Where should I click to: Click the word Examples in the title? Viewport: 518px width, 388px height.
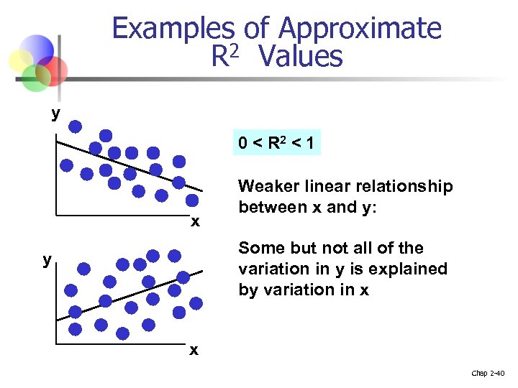click(173, 29)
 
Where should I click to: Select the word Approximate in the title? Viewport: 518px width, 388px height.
click(360, 29)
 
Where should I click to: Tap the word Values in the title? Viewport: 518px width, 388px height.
click(302, 56)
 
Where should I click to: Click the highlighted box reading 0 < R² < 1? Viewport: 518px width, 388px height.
click(276, 144)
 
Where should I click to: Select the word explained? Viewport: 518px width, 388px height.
click(408, 269)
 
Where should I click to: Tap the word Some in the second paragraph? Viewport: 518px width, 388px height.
click(260, 249)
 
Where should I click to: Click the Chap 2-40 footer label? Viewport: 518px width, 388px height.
click(489, 373)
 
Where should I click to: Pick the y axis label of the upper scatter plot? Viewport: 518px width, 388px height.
click(55, 114)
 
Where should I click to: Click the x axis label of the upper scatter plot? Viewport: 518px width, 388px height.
click(195, 221)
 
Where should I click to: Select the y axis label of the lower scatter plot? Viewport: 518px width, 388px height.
click(47, 259)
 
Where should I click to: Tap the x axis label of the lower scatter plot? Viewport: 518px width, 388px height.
click(193, 350)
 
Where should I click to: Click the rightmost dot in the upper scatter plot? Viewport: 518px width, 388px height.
click(193, 200)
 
